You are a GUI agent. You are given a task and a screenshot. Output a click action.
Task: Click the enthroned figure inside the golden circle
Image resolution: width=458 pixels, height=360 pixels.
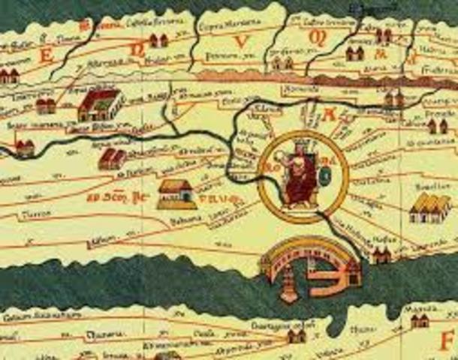tap(300, 176)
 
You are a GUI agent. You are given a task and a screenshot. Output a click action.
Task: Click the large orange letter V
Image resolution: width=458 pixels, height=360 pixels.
tap(241, 42)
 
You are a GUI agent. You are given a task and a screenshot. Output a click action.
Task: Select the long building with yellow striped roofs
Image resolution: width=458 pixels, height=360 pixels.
tap(429, 207)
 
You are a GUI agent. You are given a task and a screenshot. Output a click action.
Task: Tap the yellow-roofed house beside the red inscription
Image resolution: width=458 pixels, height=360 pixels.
tap(176, 193)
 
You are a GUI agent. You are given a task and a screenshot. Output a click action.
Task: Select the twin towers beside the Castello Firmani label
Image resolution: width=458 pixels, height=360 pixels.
tap(158, 40)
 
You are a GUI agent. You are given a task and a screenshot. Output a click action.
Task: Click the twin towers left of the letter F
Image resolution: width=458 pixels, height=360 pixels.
tap(419, 321)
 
